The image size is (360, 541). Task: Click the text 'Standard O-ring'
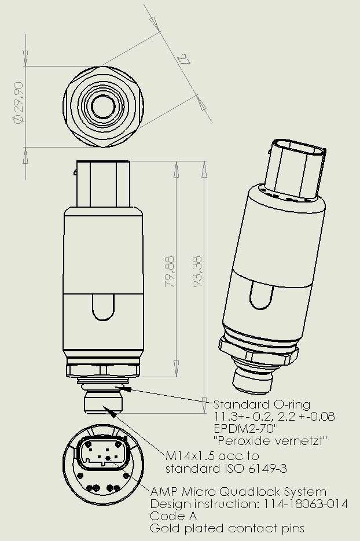click(262, 404)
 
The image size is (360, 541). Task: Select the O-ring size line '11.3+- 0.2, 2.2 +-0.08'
click(274, 416)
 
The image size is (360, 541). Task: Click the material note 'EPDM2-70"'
click(247, 429)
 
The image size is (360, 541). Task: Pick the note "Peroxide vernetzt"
click(263, 441)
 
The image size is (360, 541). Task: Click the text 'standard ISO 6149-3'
click(226, 468)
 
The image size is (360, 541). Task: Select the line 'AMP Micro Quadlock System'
click(238, 492)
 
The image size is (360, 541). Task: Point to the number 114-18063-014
click(309, 504)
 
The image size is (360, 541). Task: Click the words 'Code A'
click(174, 516)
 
